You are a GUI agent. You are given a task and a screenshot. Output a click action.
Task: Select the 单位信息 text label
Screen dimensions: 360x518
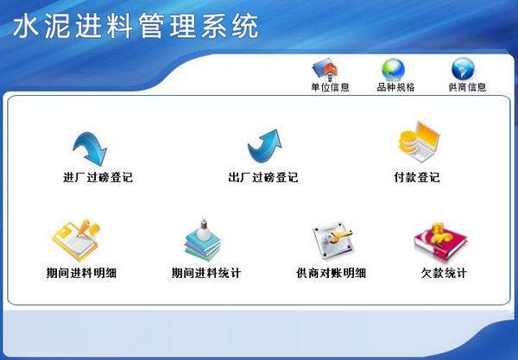[x=330, y=87]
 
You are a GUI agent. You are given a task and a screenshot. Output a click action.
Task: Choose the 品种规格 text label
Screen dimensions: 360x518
[x=396, y=87]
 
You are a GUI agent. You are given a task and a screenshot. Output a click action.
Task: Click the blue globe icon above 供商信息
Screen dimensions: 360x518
[x=463, y=69]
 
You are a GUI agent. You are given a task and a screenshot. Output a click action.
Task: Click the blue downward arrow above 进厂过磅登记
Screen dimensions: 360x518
[x=91, y=147]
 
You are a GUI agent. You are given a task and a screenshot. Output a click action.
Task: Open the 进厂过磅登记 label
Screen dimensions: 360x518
[x=98, y=178]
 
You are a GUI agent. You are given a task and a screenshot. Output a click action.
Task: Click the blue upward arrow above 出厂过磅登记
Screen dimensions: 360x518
[x=263, y=147]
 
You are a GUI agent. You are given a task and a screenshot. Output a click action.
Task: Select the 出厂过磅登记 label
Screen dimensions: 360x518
[x=263, y=178]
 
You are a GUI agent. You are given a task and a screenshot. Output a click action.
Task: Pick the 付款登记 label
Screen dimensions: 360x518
[x=416, y=178]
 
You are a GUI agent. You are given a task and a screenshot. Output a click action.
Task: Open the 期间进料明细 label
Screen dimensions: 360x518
[x=82, y=274]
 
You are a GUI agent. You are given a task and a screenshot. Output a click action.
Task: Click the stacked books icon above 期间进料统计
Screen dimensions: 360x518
[x=204, y=241]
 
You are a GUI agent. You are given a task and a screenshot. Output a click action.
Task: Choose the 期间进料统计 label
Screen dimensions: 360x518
[x=206, y=274]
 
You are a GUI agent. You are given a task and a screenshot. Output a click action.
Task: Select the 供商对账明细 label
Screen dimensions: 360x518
[x=332, y=274]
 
